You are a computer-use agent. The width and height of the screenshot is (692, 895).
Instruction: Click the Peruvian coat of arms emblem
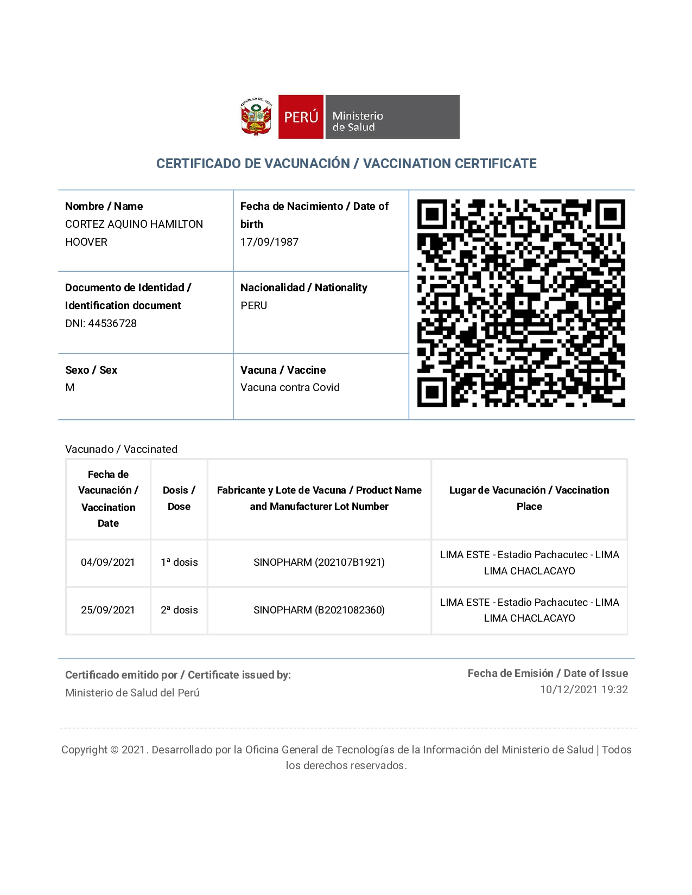coord(256,116)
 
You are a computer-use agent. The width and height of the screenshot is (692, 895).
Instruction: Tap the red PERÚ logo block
coord(301,117)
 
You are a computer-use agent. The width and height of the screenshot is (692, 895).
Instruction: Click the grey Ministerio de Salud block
coord(392,117)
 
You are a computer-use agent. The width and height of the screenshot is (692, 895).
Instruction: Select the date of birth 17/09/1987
coord(269,242)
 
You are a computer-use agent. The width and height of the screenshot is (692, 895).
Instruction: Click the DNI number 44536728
coord(112,323)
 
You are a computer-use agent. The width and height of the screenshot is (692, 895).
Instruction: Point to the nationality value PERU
coord(253,305)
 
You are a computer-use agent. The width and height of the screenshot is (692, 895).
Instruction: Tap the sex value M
coord(70,387)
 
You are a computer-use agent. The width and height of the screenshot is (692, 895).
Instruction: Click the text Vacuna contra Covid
coord(290,387)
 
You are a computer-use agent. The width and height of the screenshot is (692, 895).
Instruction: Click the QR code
coord(521,303)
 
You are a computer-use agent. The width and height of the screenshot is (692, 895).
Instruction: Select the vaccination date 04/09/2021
coord(107,562)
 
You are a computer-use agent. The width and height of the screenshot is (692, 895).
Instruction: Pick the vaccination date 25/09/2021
coord(107,610)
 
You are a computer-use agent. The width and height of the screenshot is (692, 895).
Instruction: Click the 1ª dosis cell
coord(179,562)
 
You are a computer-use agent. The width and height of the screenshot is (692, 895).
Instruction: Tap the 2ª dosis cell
coord(179,610)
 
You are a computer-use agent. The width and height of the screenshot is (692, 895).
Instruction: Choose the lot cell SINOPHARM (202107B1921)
coord(319,562)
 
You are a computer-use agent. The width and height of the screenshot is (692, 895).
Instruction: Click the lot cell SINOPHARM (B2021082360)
coord(319,610)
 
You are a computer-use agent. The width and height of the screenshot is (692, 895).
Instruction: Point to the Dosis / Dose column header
coord(179,498)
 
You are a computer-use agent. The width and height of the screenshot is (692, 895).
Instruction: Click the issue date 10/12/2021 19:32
coord(583,689)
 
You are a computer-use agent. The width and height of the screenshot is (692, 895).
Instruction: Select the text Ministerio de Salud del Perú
coord(132,693)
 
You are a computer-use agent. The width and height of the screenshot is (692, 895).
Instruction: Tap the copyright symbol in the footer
coord(114,750)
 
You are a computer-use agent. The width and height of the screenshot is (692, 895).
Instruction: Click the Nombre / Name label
coord(104,206)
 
